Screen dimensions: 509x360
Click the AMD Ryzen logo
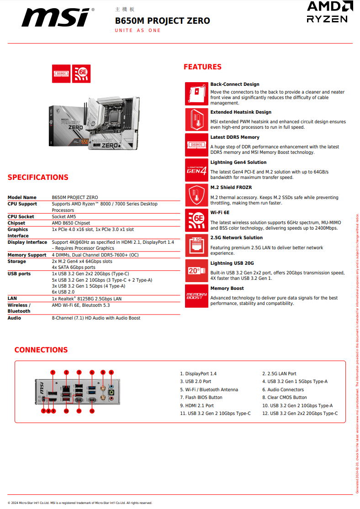(327, 12)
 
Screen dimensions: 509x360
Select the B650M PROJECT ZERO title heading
(163, 21)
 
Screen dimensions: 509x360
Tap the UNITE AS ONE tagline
(138, 31)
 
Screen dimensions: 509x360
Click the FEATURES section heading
(202, 67)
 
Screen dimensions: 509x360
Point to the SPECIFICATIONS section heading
(38, 178)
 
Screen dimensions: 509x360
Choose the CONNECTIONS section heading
(41, 350)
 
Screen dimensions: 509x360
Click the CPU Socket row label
(21, 217)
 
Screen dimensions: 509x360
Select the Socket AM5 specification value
(64, 217)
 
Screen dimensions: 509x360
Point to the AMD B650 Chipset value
(71, 223)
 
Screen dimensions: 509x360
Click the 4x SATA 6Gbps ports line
(74, 268)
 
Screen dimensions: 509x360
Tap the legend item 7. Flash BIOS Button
(201, 398)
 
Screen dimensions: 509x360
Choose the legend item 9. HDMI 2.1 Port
(197, 405)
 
